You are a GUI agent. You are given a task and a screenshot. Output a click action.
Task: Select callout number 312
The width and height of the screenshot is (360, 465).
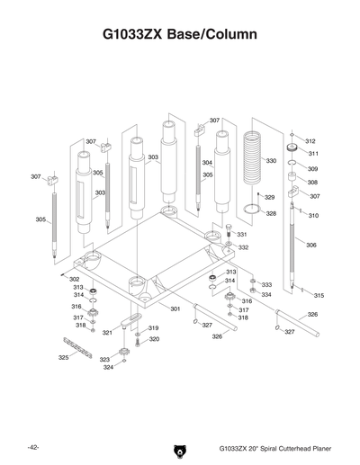(310, 141)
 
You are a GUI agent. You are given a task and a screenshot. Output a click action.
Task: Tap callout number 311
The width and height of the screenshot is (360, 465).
(312, 154)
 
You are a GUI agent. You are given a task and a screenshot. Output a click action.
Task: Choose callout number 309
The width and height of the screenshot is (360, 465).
(312, 168)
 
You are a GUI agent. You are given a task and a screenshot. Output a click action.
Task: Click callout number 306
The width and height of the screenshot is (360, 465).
(310, 245)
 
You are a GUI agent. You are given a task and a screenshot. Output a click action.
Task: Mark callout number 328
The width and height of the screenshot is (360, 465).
(271, 213)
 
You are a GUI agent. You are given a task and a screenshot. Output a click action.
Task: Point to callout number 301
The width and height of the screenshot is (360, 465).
(175, 309)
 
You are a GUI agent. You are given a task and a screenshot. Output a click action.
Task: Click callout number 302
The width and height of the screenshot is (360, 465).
(75, 279)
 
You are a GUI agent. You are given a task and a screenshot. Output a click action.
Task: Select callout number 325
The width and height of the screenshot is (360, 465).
(63, 357)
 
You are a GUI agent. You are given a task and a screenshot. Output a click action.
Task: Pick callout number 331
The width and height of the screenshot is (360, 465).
(242, 234)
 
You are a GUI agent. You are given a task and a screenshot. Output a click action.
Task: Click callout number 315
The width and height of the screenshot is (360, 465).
(319, 295)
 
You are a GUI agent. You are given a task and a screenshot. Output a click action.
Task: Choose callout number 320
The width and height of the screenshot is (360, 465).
(154, 339)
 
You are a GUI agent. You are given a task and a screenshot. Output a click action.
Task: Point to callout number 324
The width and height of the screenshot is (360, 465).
(108, 367)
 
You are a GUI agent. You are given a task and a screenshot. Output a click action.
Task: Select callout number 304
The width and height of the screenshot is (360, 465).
(207, 163)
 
